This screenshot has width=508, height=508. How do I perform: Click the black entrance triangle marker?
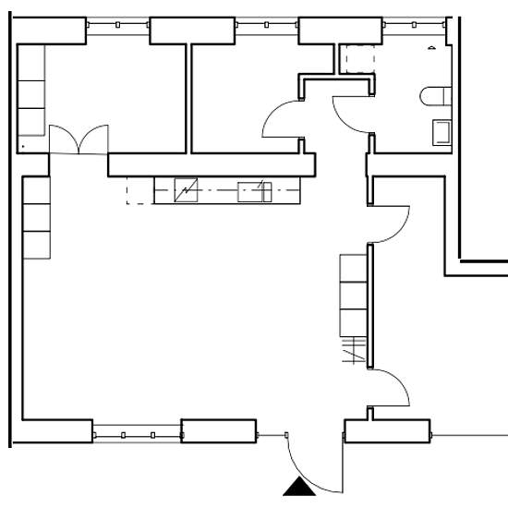(298, 489)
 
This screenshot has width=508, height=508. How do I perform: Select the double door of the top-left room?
(78, 139)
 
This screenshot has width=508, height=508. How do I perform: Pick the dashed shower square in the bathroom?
(355, 59)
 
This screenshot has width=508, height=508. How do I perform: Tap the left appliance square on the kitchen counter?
(187, 191)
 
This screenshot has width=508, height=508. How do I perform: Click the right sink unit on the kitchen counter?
(253, 191)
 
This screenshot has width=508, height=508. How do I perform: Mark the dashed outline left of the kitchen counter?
(139, 191)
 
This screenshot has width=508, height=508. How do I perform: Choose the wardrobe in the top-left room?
(31, 92)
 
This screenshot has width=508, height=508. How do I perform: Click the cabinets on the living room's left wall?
(36, 218)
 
